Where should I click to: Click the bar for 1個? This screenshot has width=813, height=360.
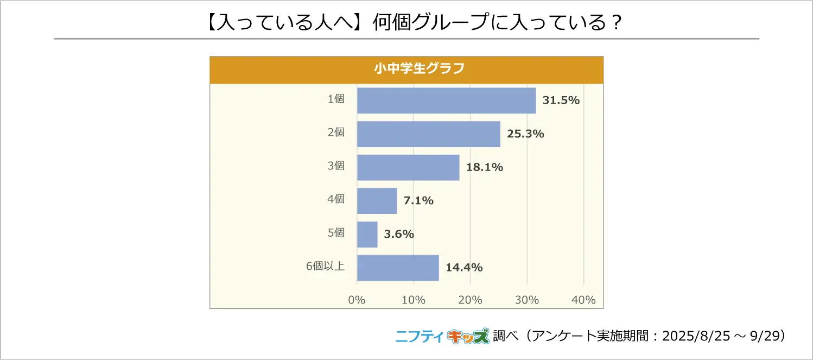[446, 100]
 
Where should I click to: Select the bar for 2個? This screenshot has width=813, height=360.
[428, 134]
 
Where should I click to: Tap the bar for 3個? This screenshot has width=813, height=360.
[408, 168]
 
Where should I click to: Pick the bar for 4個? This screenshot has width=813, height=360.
[377, 201]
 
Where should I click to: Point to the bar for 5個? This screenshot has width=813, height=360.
[367, 235]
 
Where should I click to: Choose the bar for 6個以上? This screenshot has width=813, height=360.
[398, 268]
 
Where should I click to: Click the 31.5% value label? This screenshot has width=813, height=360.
[562, 100]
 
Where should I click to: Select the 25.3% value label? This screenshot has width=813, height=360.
[525, 134]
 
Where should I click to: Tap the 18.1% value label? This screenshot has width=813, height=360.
[485, 167]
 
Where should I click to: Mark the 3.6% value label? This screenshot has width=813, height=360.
[399, 235]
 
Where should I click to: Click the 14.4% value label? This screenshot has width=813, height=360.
[464, 268]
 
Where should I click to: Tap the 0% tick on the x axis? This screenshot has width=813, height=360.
[357, 300]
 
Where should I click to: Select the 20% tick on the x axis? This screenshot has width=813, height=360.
[470, 300]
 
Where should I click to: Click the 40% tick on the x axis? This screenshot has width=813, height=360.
[583, 300]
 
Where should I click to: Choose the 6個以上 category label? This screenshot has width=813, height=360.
[325, 266]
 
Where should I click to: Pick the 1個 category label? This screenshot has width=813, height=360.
[336, 99]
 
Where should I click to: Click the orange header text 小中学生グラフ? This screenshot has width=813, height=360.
[406, 69]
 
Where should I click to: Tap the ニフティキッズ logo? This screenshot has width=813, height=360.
[442, 337]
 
